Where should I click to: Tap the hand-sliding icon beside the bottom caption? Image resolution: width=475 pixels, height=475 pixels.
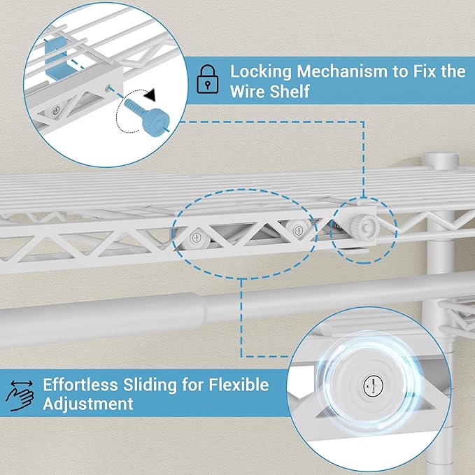(19, 394)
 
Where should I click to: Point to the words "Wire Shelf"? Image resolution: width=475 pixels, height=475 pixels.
(270, 92)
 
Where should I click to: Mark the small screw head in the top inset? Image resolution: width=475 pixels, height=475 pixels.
(56, 111)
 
